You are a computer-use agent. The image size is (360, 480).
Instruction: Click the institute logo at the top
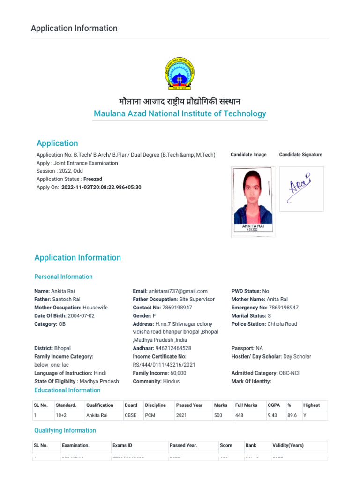(x=180, y=74)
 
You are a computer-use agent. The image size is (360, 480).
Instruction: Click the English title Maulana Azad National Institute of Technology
(x=180, y=113)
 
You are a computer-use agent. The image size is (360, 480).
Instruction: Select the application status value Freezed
(x=93, y=179)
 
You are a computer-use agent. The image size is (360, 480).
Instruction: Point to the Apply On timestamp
(x=101, y=187)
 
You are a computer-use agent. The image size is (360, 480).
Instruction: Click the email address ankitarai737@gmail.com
(x=178, y=291)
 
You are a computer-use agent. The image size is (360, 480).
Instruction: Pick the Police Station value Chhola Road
(x=282, y=324)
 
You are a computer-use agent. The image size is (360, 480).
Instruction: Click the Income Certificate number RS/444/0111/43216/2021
(x=164, y=365)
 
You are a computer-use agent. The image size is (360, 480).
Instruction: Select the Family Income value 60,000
(x=178, y=373)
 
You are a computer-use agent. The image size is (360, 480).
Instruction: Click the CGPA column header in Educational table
(x=274, y=405)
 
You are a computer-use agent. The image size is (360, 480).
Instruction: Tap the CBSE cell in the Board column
(x=131, y=415)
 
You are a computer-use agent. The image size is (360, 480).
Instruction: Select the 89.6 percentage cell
(x=292, y=415)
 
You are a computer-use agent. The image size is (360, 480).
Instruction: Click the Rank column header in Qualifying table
(x=251, y=445)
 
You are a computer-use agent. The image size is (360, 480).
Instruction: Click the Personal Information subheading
(x=63, y=277)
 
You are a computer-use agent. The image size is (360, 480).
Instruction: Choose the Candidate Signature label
(x=300, y=155)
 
